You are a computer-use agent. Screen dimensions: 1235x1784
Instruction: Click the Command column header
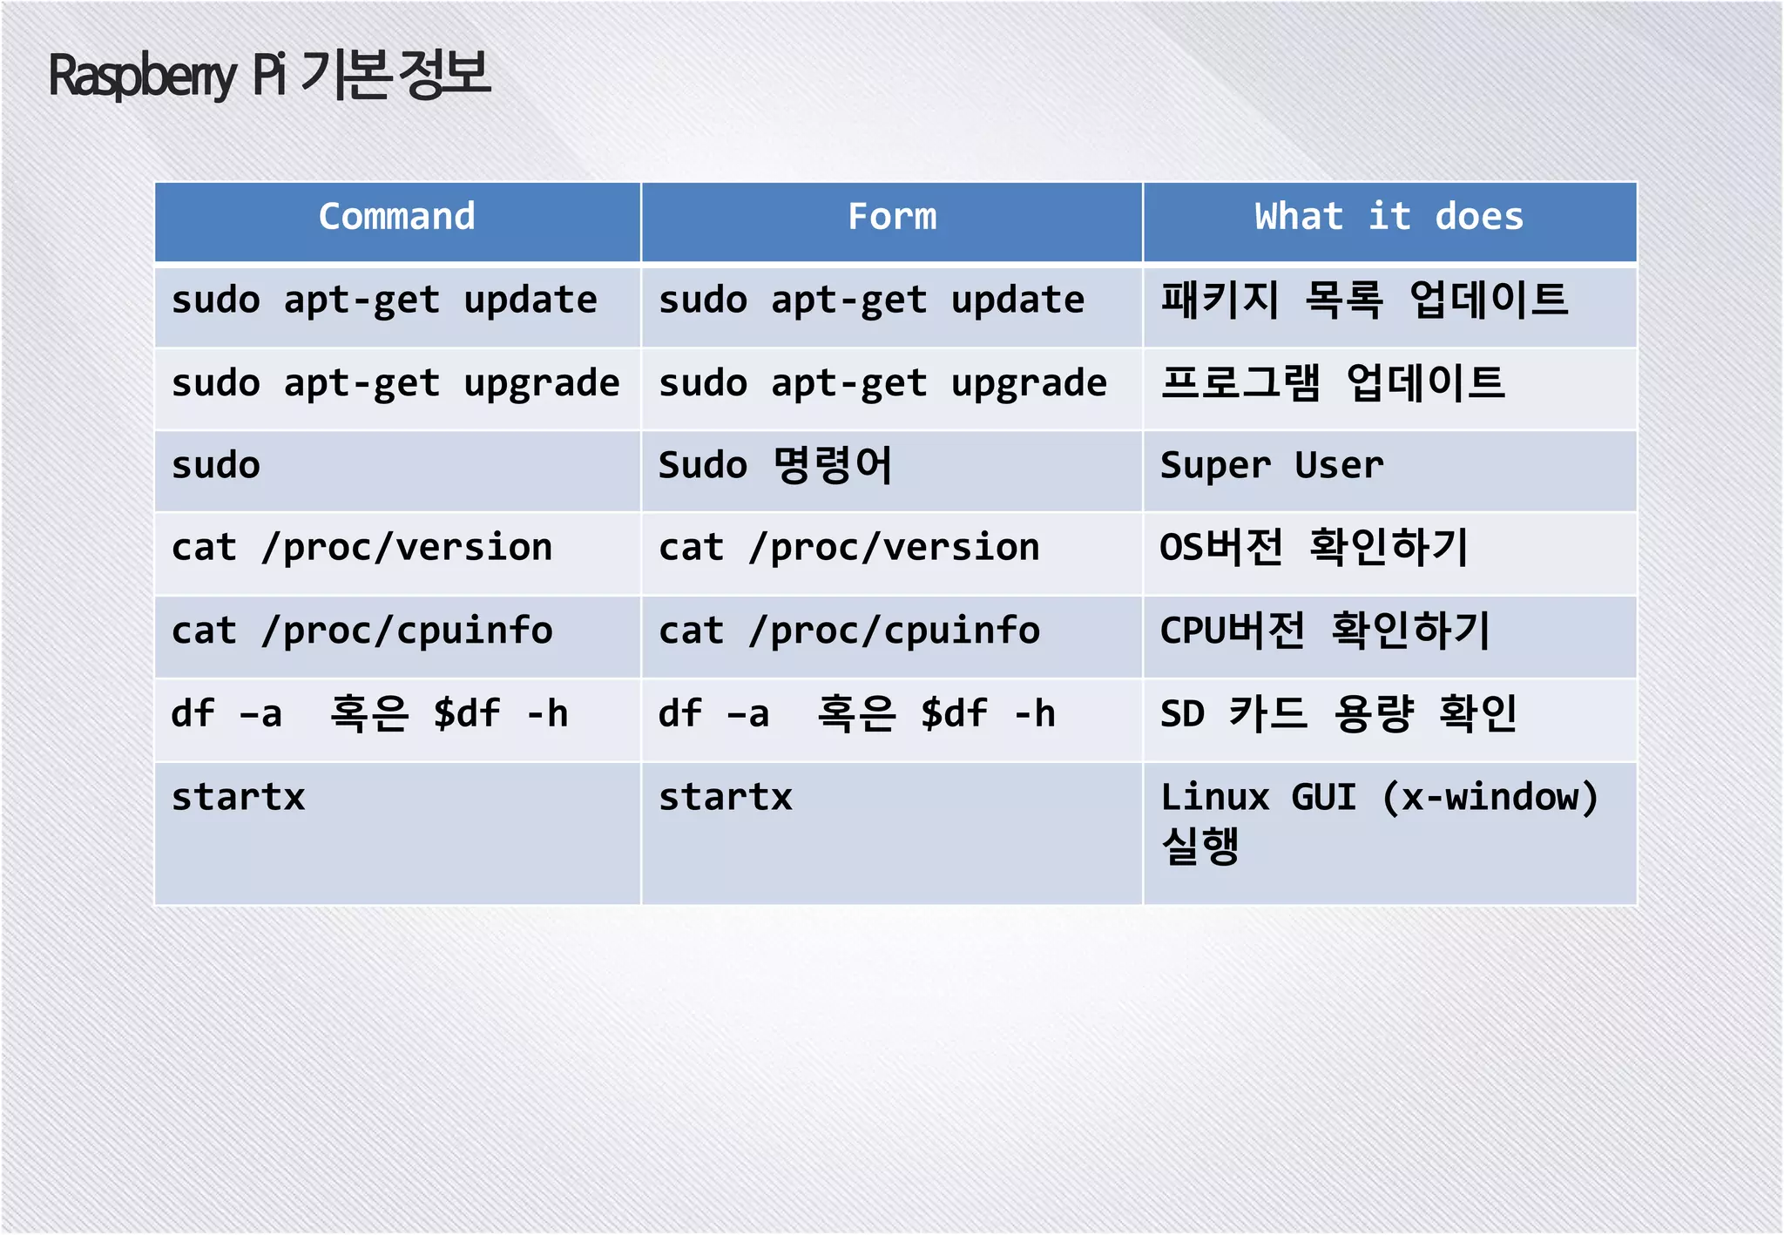coord(397,217)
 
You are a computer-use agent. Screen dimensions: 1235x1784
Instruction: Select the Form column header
coord(892,217)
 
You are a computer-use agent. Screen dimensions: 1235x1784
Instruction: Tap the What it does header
coord(1389,217)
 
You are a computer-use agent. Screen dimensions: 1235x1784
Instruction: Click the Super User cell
coord(1272,466)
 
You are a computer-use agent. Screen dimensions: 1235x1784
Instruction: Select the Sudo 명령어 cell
coord(775,466)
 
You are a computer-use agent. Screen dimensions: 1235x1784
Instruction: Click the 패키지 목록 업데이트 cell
coord(1364,300)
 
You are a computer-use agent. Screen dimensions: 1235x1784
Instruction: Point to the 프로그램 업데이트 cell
coord(1333,383)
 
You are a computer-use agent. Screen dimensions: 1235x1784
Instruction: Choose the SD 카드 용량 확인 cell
coord(1339,714)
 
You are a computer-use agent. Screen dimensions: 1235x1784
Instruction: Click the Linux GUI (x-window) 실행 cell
coord(1379,820)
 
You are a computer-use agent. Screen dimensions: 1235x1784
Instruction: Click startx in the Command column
coord(239,798)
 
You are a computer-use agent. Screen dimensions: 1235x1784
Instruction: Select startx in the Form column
coord(726,798)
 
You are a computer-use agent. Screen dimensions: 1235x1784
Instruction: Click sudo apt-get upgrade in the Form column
coord(882,383)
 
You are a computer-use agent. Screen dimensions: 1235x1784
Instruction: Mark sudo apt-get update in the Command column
coord(384,300)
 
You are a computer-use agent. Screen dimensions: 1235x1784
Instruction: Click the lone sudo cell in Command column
coord(216,466)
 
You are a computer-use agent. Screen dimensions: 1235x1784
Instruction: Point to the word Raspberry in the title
coord(142,77)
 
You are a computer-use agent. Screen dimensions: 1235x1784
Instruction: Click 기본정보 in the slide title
coord(395,74)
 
